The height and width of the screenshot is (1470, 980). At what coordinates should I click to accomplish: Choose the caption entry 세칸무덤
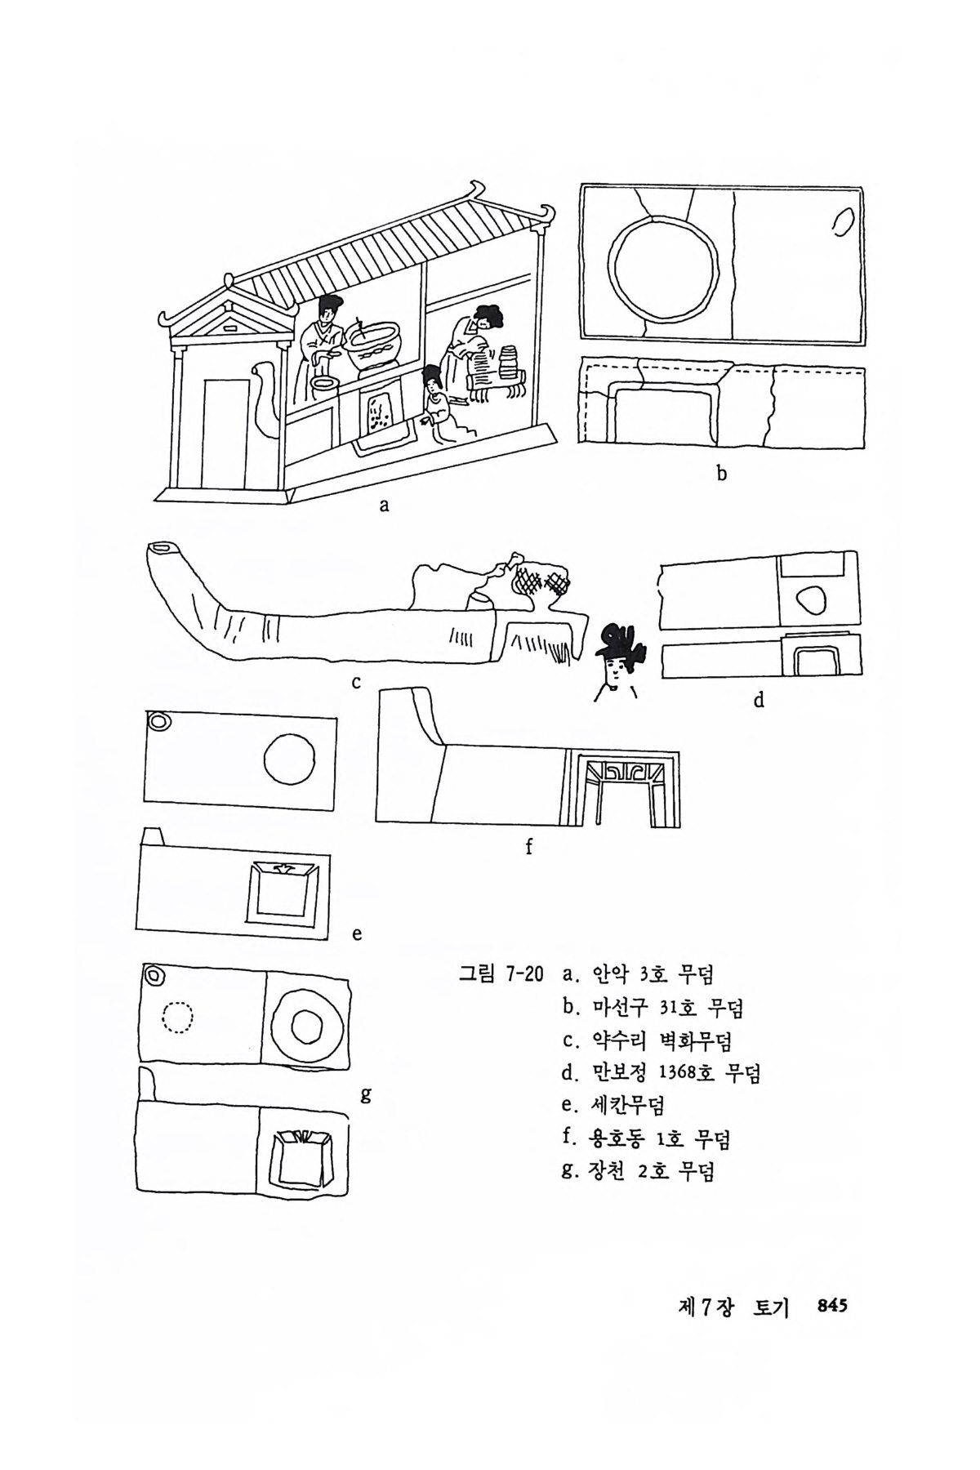coord(612,1106)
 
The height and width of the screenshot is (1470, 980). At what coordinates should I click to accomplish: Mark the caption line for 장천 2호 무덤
coord(638,1172)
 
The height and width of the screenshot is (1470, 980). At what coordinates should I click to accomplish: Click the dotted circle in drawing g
coord(178,1018)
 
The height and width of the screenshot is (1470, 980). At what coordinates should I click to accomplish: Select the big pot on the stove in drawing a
coord(375,345)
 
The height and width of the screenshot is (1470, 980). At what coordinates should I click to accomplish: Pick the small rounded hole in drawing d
coord(810,601)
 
